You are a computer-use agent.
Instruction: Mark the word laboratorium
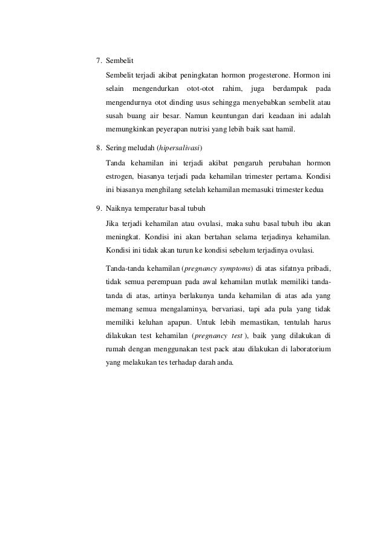309,349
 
